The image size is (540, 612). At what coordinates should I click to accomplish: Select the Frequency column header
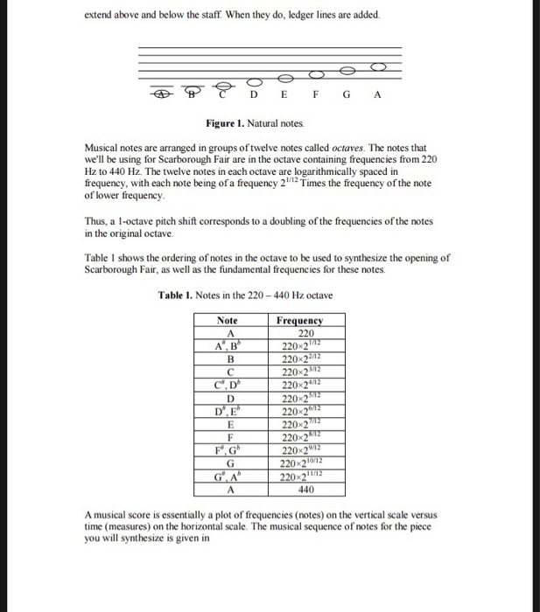[299, 321]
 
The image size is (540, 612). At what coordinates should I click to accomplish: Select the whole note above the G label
[348, 67]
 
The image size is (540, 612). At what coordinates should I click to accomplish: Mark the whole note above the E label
[287, 76]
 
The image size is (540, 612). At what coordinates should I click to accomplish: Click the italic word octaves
[310, 149]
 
